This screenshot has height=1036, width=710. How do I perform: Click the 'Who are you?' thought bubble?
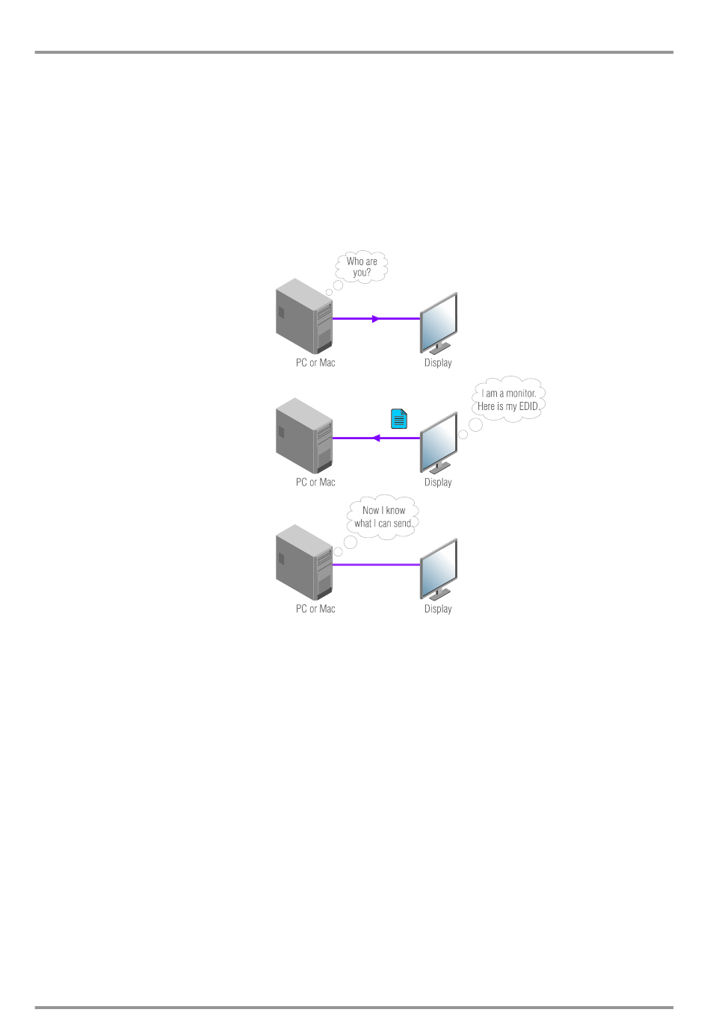click(362, 267)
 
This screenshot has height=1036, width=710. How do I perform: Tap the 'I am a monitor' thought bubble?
click(509, 400)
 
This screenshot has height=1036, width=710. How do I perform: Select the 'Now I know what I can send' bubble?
click(383, 517)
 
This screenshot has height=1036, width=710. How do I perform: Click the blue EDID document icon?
click(399, 419)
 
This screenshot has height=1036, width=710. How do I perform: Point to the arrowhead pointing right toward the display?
click(376, 319)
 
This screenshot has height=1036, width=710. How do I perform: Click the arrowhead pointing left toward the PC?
click(376, 438)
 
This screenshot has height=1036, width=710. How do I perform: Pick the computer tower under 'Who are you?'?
click(304, 316)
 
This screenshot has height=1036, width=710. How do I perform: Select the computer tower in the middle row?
click(304, 435)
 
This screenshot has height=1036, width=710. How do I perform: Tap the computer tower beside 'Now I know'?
click(304, 562)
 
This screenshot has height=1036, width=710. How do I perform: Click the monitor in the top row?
click(439, 323)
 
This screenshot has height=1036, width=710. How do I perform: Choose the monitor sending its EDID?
click(439, 443)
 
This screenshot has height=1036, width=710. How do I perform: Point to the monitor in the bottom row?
click(439, 569)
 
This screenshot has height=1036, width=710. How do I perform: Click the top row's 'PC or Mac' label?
click(315, 363)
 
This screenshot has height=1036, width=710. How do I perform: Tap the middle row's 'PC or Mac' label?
click(315, 483)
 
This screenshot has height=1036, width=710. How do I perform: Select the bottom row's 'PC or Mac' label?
click(315, 609)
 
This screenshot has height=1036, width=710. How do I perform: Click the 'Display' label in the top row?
click(438, 363)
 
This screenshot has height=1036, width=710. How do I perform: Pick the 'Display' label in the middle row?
click(438, 483)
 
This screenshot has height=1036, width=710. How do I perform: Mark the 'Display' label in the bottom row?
click(438, 609)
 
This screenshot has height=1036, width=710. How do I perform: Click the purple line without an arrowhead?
click(376, 565)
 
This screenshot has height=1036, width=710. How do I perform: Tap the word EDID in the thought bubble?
click(528, 406)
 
